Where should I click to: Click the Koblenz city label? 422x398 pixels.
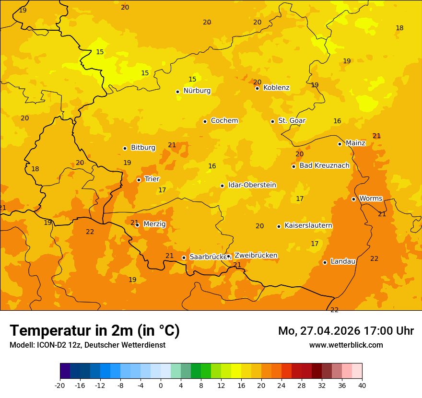click(x=276, y=88)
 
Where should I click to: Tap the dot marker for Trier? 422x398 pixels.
click(x=139, y=180)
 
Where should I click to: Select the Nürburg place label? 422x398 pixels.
click(x=197, y=91)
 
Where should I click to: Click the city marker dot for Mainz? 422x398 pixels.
click(x=340, y=144)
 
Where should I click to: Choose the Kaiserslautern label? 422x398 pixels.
click(x=308, y=226)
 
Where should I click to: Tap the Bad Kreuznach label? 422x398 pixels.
click(x=324, y=166)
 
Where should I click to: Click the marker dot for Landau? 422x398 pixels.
click(x=325, y=262)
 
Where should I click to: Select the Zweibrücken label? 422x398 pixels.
click(x=256, y=256)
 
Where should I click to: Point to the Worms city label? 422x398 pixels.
click(x=371, y=199)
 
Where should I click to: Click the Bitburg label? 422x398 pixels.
click(x=143, y=148)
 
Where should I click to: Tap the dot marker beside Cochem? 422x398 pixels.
click(x=205, y=121)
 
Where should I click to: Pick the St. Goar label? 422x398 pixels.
click(x=292, y=121)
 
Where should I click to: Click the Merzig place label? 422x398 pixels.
click(x=154, y=224)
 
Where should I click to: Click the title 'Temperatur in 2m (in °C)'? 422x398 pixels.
click(x=94, y=330)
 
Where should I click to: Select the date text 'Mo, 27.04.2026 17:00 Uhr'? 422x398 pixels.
click(x=346, y=331)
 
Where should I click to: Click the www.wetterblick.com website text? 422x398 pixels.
click(x=346, y=345)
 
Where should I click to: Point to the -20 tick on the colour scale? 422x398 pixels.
click(x=60, y=385)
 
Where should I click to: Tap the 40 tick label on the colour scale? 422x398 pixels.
click(x=362, y=385)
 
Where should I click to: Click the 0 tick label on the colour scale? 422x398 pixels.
click(x=161, y=385)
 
